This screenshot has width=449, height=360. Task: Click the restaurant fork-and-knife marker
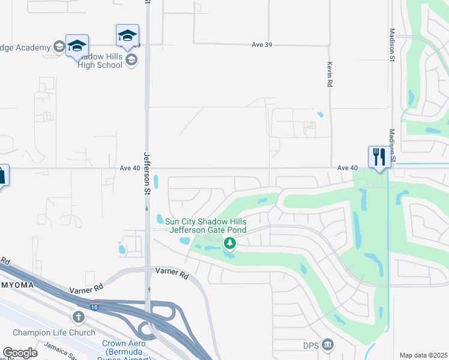pos(379,157)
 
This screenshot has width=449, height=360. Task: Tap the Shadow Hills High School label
pos(100,60)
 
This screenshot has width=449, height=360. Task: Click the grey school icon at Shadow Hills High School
pos(131,59)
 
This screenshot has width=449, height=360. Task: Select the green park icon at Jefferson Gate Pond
pos(229,243)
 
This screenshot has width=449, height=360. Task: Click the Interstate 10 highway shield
pos(95,307)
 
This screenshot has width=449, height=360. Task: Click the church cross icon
pos(78,316)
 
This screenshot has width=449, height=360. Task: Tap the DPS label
pos(310,344)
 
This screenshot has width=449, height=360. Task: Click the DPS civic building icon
pos(327,344)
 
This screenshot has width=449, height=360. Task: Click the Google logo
pos(20,353)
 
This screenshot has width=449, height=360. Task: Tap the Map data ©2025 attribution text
pos(423,355)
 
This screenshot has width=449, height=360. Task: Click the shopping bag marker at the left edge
pos(2,176)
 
